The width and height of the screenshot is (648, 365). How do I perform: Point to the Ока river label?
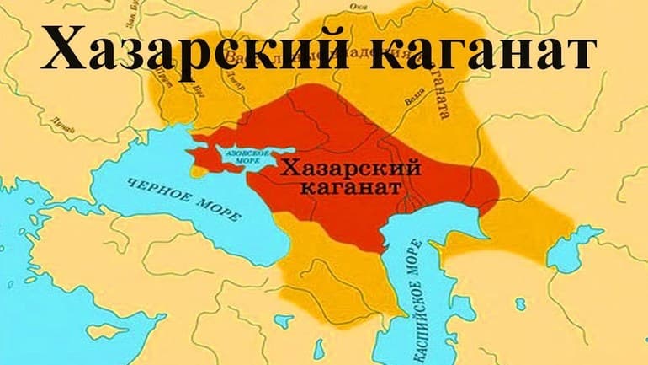tap(358, 6)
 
